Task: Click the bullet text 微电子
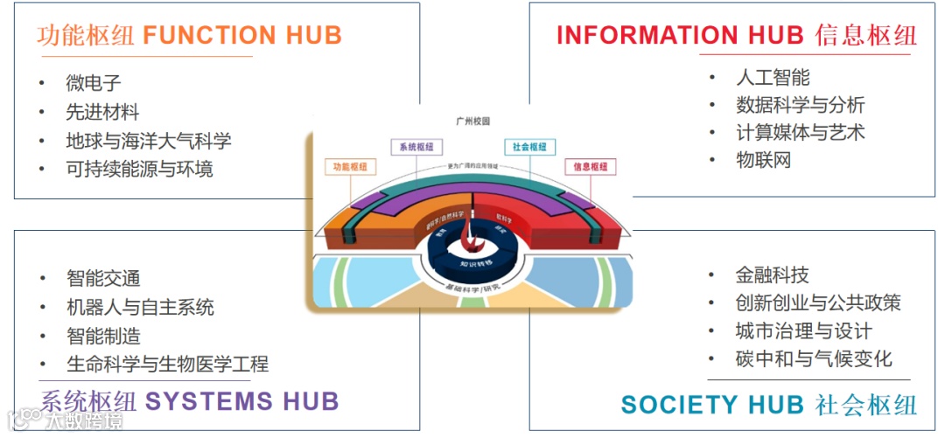click(93, 84)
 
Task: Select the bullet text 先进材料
click(102, 112)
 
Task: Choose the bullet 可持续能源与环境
click(139, 169)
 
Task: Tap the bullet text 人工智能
click(773, 78)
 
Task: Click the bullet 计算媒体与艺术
click(800, 133)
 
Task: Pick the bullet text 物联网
click(763, 160)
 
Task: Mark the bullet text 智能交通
click(102, 279)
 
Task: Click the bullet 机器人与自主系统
click(139, 307)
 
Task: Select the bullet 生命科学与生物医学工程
click(166, 364)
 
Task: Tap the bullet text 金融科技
click(773, 275)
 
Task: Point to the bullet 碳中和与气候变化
click(814, 358)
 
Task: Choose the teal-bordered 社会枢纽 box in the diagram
click(529, 147)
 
